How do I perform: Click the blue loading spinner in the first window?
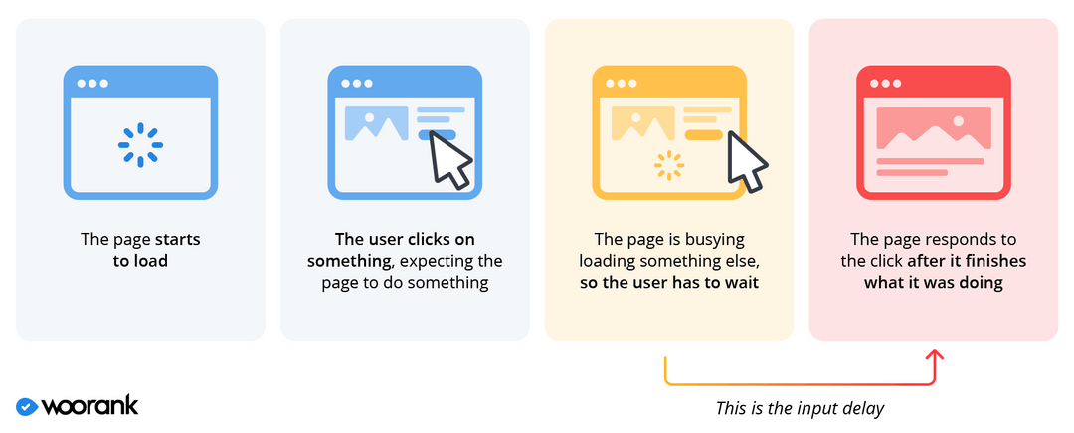[140, 145]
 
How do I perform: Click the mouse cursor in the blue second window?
[450, 159]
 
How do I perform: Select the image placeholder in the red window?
[933, 127]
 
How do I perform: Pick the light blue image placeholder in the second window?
[376, 121]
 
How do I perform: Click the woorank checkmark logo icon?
[27, 406]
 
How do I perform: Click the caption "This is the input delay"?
[799, 408]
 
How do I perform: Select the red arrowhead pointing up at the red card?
[934, 355]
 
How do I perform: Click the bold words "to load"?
[140, 261]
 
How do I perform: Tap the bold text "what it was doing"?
[933, 283]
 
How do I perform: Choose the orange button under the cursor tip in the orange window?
[702, 134]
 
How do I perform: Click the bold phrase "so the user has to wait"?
[668, 283]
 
